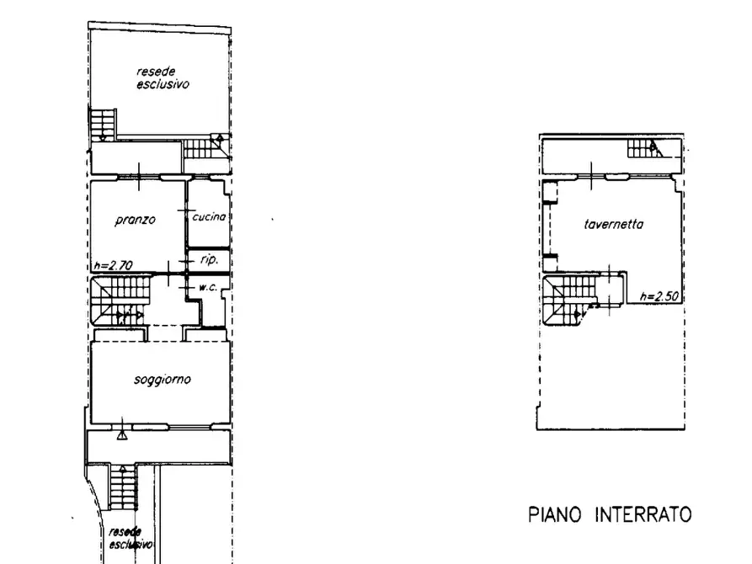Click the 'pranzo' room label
click(x=136, y=221)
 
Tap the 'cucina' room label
click(x=209, y=217)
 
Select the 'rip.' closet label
click(x=209, y=259)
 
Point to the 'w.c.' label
click(x=208, y=287)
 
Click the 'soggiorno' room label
click(x=162, y=380)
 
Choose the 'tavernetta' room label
click(x=613, y=224)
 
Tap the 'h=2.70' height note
click(x=113, y=265)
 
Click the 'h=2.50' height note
click(x=659, y=296)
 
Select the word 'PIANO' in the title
click(x=554, y=514)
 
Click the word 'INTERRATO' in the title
click(x=643, y=514)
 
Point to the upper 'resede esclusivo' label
click(x=163, y=77)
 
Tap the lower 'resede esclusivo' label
click(x=131, y=538)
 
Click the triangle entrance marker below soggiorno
click(x=122, y=435)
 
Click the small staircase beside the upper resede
click(x=103, y=125)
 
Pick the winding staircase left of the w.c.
click(x=120, y=300)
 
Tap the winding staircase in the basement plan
click(x=571, y=298)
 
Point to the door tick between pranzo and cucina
click(x=186, y=210)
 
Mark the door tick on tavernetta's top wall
click(x=591, y=176)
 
